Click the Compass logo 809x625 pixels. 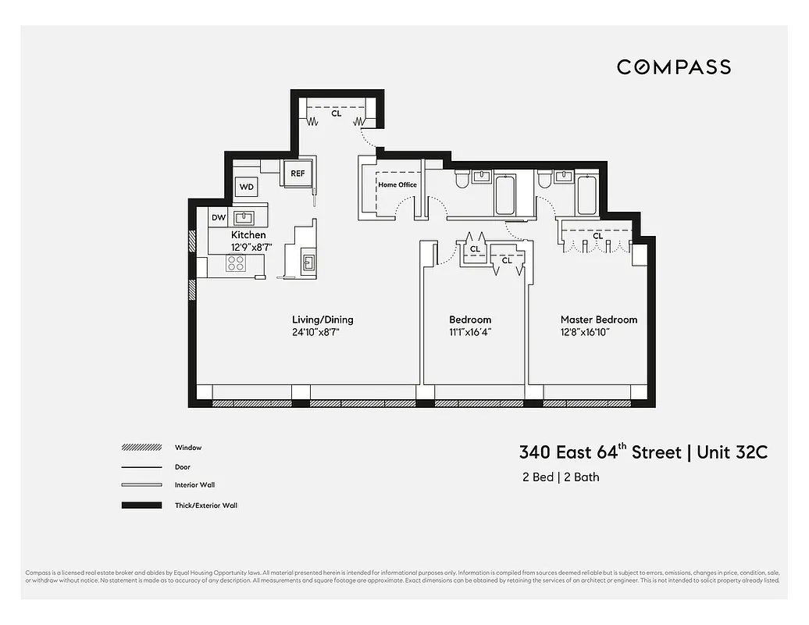pyautogui.click(x=673, y=67)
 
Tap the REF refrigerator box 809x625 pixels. pyautogui.click(x=298, y=173)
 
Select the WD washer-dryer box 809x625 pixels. pyautogui.click(x=247, y=187)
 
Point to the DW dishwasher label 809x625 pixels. pyautogui.click(x=219, y=217)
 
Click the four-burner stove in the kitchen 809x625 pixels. pyautogui.click(x=236, y=264)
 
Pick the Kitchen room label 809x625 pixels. pyautogui.click(x=248, y=235)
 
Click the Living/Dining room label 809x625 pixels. pyautogui.click(x=323, y=320)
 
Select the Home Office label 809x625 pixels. pyautogui.click(x=397, y=185)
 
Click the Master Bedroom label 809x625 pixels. pyautogui.click(x=598, y=320)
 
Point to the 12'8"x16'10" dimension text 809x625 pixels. pyautogui.click(x=585, y=332)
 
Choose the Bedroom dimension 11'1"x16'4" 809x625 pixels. pyautogui.click(x=470, y=332)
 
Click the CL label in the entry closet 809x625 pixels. pyautogui.click(x=337, y=113)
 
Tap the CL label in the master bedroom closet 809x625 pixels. pyautogui.click(x=597, y=236)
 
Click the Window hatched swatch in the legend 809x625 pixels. pyautogui.click(x=140, y=448)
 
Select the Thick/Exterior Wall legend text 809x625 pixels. pyautogui.click(x=205, y=505)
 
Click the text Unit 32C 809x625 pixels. pyautogui.click(x=732, y=452)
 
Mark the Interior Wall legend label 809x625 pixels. pyautogui.click(x=195, y=485)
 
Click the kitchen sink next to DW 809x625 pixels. pyautogui.click(x=244, y=216)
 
